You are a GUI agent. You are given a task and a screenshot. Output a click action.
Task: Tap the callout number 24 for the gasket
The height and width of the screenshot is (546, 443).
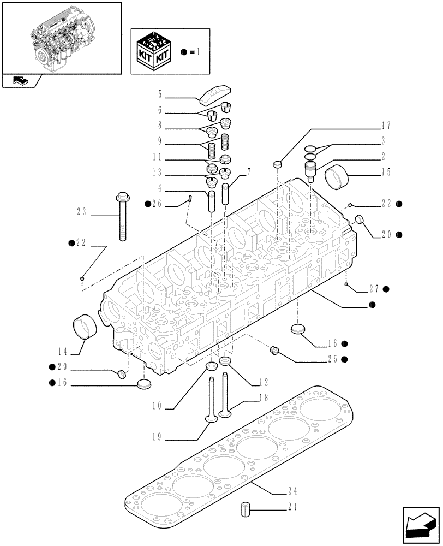tap(292, 490)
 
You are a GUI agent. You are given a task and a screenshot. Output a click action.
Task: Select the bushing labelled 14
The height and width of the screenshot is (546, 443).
tap(85, 327)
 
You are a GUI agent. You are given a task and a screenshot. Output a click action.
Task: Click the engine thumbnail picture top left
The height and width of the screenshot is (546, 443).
tap(61, 37)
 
